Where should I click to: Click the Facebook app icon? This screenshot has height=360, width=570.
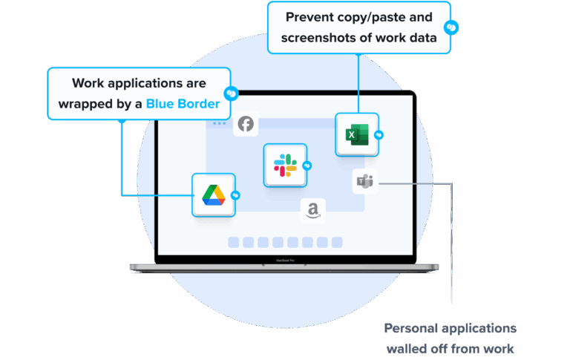pyautogui.click(x=246, y=124)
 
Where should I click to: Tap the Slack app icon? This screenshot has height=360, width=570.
pyautogui.click(x=285, y=165)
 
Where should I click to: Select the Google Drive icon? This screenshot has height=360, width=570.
pyautogui.click(x=214, y=194)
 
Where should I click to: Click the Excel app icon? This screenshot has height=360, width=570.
pyautogui.click(x=356, y=134)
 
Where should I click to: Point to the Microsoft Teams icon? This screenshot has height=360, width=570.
pyautogui.click(x=365, y=181)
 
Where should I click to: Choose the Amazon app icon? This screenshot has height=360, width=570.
pyautogui.click(x=313, y=212)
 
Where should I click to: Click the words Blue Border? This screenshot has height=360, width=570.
pyautogui.click(x=183, y=104)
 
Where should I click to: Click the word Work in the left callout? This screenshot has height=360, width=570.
pyautogui.click(x=87, y=83)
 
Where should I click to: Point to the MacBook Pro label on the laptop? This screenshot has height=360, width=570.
pyautogui.click(x=284, y=261)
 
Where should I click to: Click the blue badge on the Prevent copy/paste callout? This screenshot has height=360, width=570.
pyautogui.click(x=450, y=27)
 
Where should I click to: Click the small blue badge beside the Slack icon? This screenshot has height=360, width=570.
pyautogui.click(x=307, y=166)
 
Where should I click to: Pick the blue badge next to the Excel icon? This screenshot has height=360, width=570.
pyautogui.click(x=379, y=135)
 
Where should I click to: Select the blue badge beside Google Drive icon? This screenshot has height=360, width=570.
pyautogui.click(x=235, y=195)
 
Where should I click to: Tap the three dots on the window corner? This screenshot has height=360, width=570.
pyautogui.click(x=219, y=123)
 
